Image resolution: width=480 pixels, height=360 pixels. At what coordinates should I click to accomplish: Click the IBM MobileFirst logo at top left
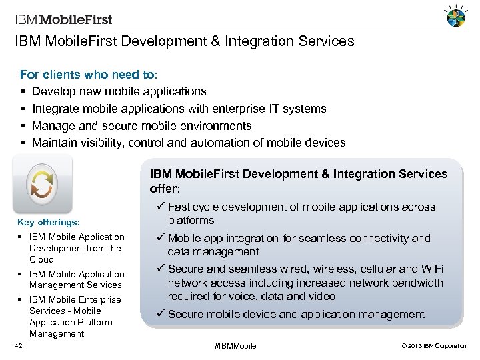coord(64,19)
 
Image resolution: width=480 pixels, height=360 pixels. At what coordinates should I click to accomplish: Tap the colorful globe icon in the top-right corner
coord(455,18)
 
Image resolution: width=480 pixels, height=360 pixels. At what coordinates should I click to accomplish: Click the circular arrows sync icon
coord(41,184)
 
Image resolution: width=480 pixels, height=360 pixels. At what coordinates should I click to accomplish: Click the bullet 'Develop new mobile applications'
coord(119,91)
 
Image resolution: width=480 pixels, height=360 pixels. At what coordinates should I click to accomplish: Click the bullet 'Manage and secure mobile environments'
coord(141,126)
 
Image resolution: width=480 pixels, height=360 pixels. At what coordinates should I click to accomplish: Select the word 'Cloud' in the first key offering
coord(41,259)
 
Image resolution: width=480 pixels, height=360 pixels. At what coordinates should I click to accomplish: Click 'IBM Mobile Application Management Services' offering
coord(76,279)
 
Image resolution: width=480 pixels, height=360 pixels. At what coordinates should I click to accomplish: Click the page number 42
coord(19,345)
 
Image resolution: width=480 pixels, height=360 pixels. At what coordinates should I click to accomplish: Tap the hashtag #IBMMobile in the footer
coord(235,346)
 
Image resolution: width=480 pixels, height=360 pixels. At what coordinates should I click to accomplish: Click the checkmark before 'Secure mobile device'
coord(160,314)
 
